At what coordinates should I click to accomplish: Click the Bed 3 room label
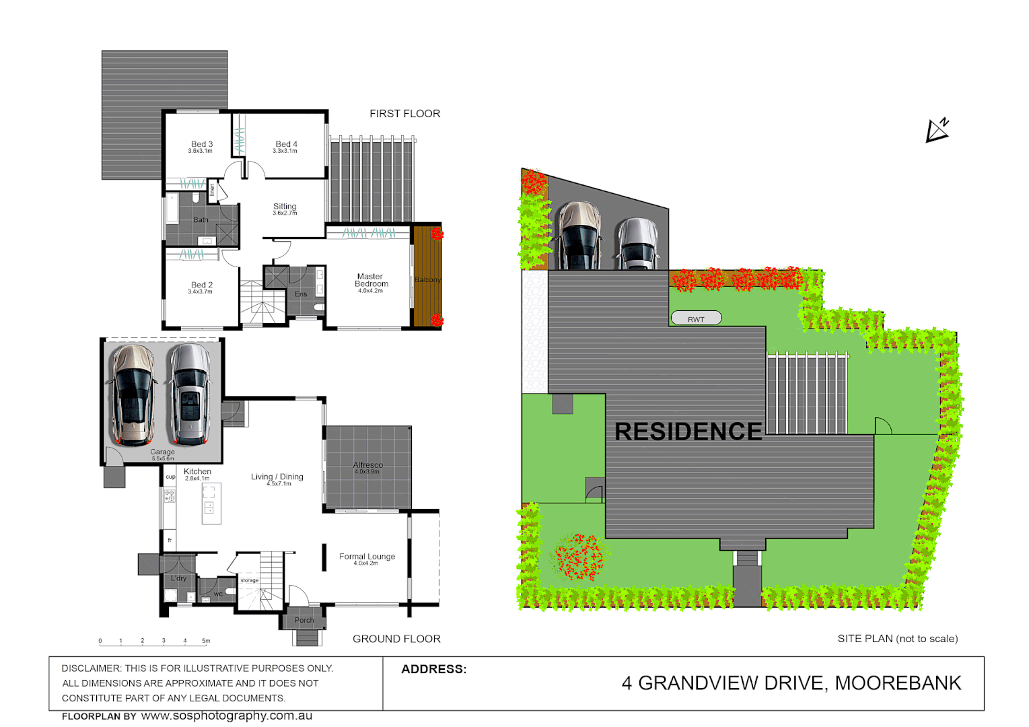pos(201,144)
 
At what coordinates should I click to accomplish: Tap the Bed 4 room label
pos(286,144)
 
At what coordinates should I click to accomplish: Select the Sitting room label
pos(285,207)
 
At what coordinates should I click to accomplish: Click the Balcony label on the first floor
pos(427,280)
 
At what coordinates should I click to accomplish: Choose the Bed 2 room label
pos(201,285)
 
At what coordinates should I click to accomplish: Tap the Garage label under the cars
pos(162,452)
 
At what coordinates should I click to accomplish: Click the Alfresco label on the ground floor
pos(367,465)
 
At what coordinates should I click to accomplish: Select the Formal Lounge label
pos(367,557)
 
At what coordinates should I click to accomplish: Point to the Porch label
pos(304,620)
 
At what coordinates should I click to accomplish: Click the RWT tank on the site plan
pos(696,318)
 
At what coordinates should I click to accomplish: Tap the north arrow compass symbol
pos(936,130)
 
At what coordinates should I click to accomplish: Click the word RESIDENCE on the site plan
pos(688,431)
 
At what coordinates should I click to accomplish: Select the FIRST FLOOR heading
pos(404,114)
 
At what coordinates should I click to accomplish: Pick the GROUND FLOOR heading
pos(396,639)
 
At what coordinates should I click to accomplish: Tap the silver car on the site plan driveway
pos(637,244)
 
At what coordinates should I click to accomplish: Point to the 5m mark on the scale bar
pos(206,642)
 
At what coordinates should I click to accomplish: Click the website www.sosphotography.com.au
pos(226,716)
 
